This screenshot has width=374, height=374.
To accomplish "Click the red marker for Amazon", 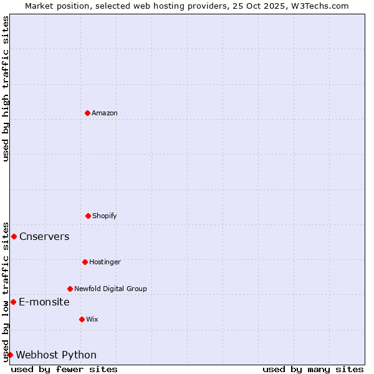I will (87, 113).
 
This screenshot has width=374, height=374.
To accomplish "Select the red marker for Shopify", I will (88, 216).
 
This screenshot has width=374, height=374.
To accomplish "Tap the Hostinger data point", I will (85, 262).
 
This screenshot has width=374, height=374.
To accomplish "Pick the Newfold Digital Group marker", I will (70, 289).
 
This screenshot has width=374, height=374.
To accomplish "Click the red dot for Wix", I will (82, 319).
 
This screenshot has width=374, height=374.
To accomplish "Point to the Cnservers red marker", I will (14, 236).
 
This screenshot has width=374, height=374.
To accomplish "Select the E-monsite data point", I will (13, 302).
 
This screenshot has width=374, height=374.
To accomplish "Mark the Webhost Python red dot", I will (10, 355).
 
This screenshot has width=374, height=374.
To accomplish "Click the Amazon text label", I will (105, 113).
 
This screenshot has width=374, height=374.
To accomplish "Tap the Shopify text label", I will (105, 216).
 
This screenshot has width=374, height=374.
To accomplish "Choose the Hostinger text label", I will (105, 262).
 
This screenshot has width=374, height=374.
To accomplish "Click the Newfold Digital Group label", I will (110, 289).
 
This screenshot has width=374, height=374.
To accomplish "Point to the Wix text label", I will (92, 319).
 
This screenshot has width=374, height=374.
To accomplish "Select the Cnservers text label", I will (44, 236).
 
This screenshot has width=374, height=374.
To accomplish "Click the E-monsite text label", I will (44, 302).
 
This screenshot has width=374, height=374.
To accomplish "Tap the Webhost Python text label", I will (56, 355).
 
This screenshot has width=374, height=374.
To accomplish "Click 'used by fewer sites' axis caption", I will (64, 369).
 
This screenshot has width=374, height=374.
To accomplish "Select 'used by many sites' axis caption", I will (313, 369).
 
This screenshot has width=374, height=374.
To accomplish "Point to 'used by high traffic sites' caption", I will (6, 89).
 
